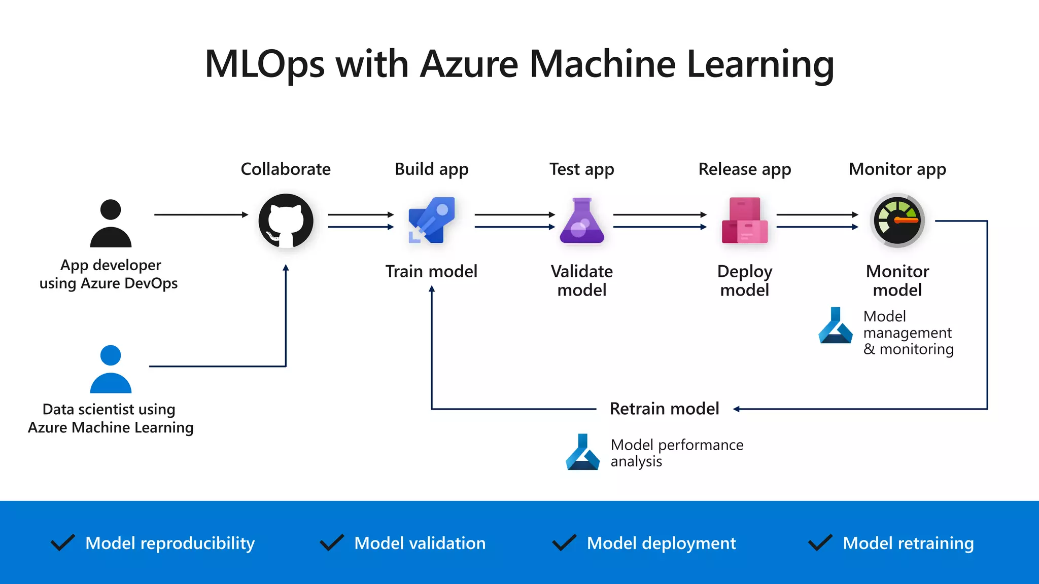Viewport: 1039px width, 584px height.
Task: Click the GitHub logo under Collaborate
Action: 286,221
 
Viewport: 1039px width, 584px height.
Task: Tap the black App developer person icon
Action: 111,224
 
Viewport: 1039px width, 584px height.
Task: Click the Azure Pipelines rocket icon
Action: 432,221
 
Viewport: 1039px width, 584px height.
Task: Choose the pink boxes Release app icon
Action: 745,221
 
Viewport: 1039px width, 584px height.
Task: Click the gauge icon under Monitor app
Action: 897,221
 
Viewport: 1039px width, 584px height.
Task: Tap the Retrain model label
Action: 664,409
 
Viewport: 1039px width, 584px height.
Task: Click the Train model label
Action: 431,272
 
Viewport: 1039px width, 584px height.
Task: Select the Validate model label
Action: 582,281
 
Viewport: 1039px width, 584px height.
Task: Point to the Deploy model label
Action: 745,281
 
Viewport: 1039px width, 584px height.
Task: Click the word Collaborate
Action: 286,169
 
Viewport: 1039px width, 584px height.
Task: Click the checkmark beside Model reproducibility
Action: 63,543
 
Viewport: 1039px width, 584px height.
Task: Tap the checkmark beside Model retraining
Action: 820,543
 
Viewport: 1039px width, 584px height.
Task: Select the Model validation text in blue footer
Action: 420,543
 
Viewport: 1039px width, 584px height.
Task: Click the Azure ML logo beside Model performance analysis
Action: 582,452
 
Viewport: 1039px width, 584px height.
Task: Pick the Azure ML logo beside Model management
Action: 835,325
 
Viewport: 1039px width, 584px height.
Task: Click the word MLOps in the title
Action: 264,64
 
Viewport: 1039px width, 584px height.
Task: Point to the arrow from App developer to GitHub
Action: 201,215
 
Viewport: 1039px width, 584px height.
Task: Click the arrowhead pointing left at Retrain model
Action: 737,409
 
